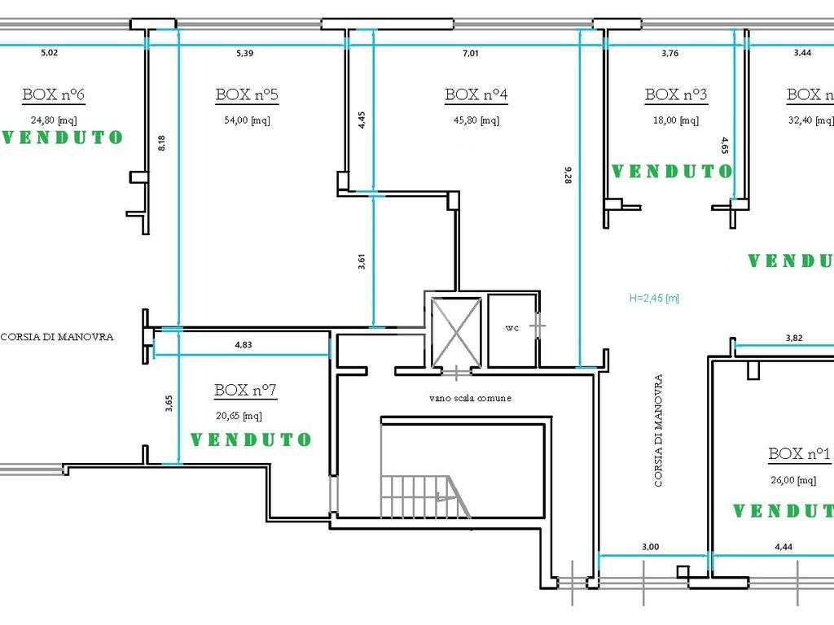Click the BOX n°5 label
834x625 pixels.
(247, 94)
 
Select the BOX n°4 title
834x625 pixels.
(476, 94)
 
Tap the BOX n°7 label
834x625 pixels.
(245, 390)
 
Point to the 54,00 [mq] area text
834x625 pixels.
(247, 120)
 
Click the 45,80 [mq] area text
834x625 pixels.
(476, 120)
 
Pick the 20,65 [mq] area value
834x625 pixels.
(239, 416)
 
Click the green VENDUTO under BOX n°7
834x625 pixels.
(251, 439)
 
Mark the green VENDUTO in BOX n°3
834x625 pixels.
(672, 171)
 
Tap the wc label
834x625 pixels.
(511, 328)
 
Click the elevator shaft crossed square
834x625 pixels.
(456, 333)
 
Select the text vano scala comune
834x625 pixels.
(470, 397)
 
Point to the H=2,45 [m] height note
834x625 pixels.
(654, 298)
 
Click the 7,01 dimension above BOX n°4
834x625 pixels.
(471, 53)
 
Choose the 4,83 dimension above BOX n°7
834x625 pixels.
(244, 344)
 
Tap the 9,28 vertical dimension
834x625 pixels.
(568, 175)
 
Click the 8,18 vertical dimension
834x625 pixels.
(162, 143)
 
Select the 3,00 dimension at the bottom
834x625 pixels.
(650, 546)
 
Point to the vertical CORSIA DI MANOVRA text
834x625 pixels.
(658, 431)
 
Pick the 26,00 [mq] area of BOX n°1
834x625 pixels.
(793, 480)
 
